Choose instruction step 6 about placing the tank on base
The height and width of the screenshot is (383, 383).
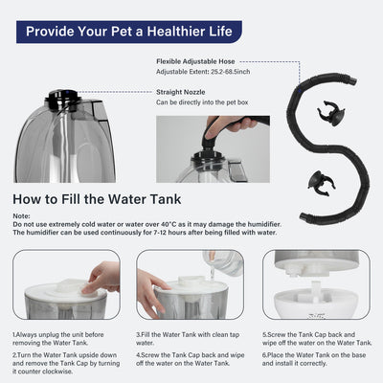pos(316,360)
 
